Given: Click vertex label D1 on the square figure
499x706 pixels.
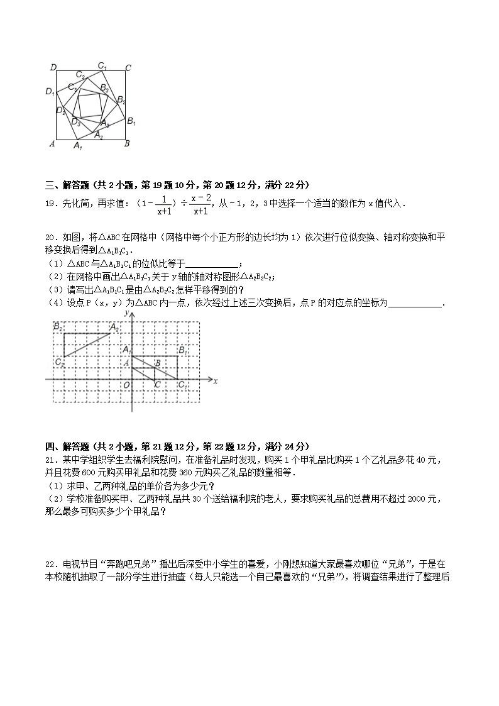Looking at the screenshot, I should (x=50, y=92).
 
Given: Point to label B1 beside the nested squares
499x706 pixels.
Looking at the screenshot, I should (x=131, y=121).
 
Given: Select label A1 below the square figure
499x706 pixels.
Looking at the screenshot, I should (x=78, y=146).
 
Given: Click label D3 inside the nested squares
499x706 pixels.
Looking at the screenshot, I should (x=75, y=122).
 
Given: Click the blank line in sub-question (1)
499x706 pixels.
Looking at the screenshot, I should (x=213, y=265).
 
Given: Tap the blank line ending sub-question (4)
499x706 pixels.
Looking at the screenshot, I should (x=415, y=305).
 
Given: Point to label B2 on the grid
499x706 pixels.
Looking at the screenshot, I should (x=58, y=327).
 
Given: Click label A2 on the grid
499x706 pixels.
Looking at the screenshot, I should (x=114, y=327).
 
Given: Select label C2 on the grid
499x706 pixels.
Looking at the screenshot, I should (x=59, y=362).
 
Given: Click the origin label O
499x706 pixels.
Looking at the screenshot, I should (x=126, y=385).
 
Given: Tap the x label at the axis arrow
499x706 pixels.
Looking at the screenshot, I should (x=215, y=381).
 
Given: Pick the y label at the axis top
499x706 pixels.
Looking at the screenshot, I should (x=127, y=312).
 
